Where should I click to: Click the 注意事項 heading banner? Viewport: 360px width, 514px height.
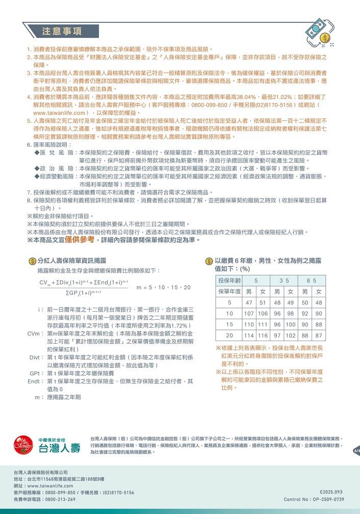click(62, 31)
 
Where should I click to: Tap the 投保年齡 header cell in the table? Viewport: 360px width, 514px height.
click(229, 281)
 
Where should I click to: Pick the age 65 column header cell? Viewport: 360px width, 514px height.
click(312, 281)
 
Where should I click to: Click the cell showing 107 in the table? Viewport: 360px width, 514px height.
click(249, 313)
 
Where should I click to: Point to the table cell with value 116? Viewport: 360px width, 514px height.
click(263, 336)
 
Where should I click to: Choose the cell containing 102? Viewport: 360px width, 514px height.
click(291, 336)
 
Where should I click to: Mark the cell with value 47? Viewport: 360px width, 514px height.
click(249, 302)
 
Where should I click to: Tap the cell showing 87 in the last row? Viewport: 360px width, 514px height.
click(319, 336)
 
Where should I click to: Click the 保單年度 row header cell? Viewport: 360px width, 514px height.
click(229, 292)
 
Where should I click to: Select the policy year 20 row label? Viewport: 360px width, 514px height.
click(229, 336)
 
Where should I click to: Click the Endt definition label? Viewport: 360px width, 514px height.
click(34, 381)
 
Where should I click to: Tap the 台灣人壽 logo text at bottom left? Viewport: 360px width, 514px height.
click(60, 449)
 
